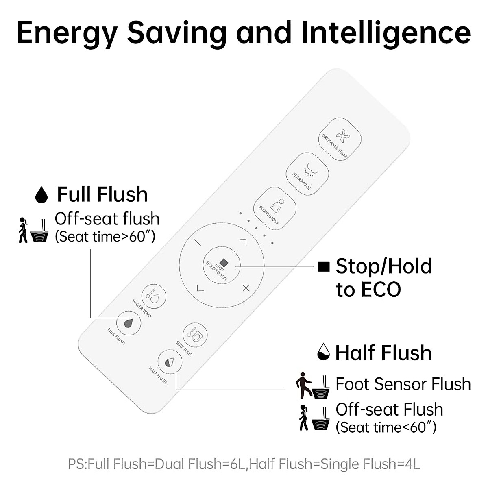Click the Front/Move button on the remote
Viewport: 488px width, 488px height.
click(x=275, y=208)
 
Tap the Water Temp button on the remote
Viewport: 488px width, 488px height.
click(x=154, y=296)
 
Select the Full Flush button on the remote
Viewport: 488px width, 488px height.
click(x=129, y=323)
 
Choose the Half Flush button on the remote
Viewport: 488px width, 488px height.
click(x=170, y=360)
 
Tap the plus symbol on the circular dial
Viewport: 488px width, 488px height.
click(x=246, y=288)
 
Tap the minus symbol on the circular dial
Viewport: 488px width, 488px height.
click(x=198, y=243)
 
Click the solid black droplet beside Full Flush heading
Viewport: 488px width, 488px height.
click(x=41, y=195)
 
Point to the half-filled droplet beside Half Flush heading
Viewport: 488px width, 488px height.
click(x=323, y=352)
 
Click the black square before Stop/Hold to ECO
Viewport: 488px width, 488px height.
click(x=324, y=267)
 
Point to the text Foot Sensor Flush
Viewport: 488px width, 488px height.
click(x=403, y=384)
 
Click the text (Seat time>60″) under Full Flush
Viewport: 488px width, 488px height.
click(x=105, y=237)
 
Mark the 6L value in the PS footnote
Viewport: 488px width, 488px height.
click(x=238, y=464)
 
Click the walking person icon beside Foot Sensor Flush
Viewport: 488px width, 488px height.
click(x=303, y=385)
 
